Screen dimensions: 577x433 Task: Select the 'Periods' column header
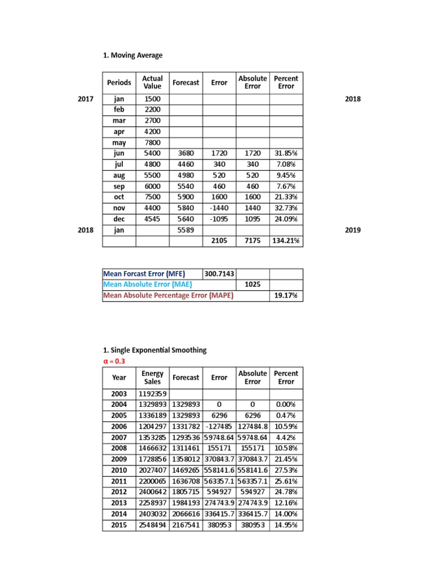point(119,82)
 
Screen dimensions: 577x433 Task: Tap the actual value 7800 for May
point(152,143)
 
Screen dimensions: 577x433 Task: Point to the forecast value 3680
point(185,153)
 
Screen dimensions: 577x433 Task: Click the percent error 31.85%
point(286,153)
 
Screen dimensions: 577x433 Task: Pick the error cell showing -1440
point(219,208)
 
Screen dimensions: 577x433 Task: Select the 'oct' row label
point(119,197)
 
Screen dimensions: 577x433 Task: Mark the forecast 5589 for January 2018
point(185,230)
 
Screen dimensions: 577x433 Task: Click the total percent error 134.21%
point(286,241)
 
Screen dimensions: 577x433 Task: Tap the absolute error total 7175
point(253,241)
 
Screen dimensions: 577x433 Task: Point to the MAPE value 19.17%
point(286,296)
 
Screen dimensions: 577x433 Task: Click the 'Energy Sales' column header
point(152,378)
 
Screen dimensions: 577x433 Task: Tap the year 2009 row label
point(120,459)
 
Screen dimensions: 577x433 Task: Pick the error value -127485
point(219,427)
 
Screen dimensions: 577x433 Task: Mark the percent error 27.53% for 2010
point(286,470)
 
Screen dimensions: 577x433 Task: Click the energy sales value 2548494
point(153,525)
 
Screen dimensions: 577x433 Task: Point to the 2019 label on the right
point(352,230)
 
